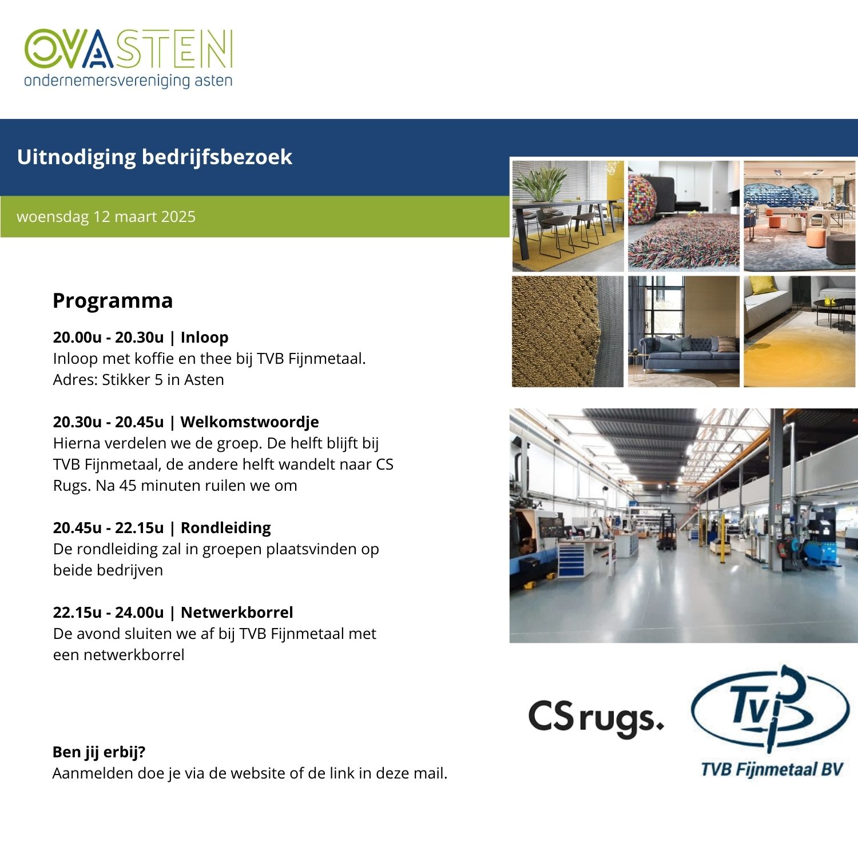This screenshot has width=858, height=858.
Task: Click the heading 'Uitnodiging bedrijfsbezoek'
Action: tap(154, 157)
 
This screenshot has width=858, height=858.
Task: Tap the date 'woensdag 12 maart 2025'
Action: tap(106, 217)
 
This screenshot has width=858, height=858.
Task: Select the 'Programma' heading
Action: tap(113, 301)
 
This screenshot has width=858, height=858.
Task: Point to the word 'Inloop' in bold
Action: tap(204, 337)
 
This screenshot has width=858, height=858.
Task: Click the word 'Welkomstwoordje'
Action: tap(249, 422)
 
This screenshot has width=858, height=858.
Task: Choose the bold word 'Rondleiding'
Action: tap(226, 528)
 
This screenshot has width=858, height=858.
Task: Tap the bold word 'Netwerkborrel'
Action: tap(237, 613)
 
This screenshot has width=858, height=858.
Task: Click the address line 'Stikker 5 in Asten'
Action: tap(163, 380)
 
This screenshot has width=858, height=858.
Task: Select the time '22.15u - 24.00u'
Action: tap(108, 613)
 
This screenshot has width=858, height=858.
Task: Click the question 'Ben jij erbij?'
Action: tap(99, 752)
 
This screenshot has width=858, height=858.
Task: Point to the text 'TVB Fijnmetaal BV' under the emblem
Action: tap(772, 769)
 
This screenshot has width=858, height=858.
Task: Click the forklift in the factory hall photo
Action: tap(666, 533)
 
